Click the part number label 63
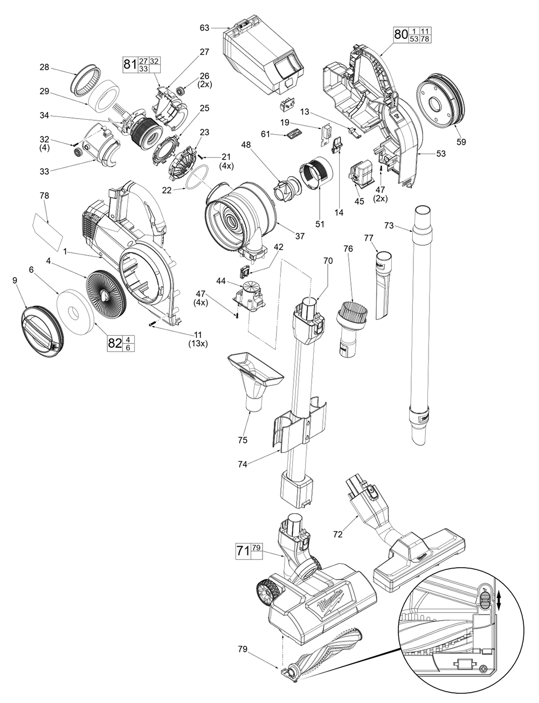click(204, 27)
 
